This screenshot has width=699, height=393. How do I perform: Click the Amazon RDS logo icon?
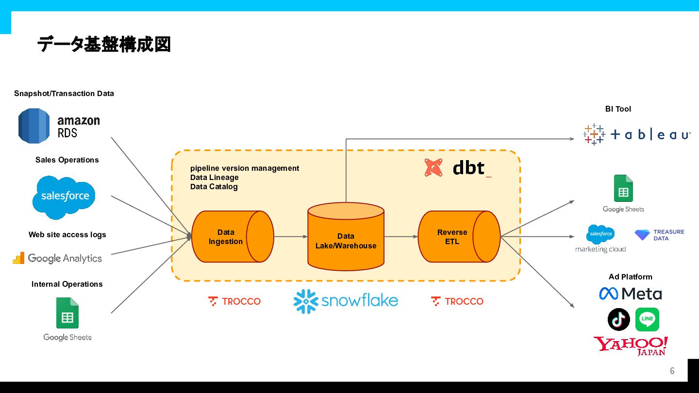(34, 126)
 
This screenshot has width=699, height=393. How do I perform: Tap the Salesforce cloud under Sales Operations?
(65, 197)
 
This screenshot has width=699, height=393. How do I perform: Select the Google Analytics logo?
(58, 258)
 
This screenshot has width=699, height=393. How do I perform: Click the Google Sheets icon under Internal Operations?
(67, 313)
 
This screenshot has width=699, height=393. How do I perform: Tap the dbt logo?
(459, 168)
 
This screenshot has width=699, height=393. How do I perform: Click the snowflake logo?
(346, 301)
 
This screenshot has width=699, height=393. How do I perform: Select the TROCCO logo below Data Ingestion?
(234, 301)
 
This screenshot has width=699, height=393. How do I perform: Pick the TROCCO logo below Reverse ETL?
(457, 301)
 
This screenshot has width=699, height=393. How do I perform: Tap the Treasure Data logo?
(659, 235)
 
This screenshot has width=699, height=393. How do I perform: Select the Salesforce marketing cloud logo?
(600, 238)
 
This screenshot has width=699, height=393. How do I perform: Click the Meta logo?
(630, 294)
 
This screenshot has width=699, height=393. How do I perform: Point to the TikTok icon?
(618, 319)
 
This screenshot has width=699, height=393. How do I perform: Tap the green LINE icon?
(647, 319)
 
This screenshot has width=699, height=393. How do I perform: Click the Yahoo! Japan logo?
(631, 346)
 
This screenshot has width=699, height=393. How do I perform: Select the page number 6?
(672, 371)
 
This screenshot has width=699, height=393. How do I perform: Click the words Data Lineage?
(214, 178)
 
